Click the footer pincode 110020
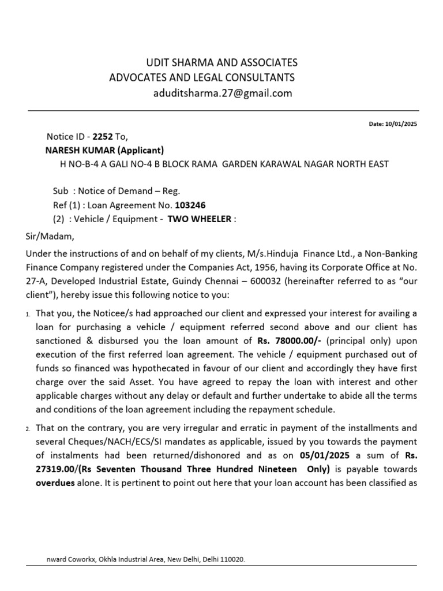tap(236, 560)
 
